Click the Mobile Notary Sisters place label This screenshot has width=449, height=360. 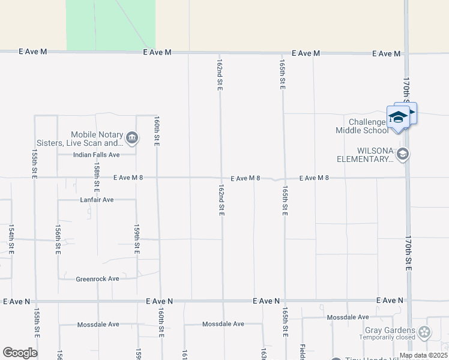(97, 139)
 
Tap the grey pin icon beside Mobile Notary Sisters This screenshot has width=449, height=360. (133, 139)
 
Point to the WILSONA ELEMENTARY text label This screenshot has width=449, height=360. (364, 155)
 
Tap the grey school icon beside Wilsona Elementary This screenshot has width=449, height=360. (403, 155)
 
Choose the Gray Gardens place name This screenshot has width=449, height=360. (390, 331)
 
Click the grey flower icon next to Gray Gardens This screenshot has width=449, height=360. (425, 332)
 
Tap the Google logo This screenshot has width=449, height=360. (20, 353)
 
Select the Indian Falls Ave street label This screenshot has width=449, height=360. (97, 155)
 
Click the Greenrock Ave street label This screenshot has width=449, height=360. (97, 279)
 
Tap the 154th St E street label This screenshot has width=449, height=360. (11, 240)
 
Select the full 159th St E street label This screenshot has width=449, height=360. (137, 240)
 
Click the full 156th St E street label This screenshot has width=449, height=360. (58, 240)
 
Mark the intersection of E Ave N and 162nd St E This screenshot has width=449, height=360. (223, 301)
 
